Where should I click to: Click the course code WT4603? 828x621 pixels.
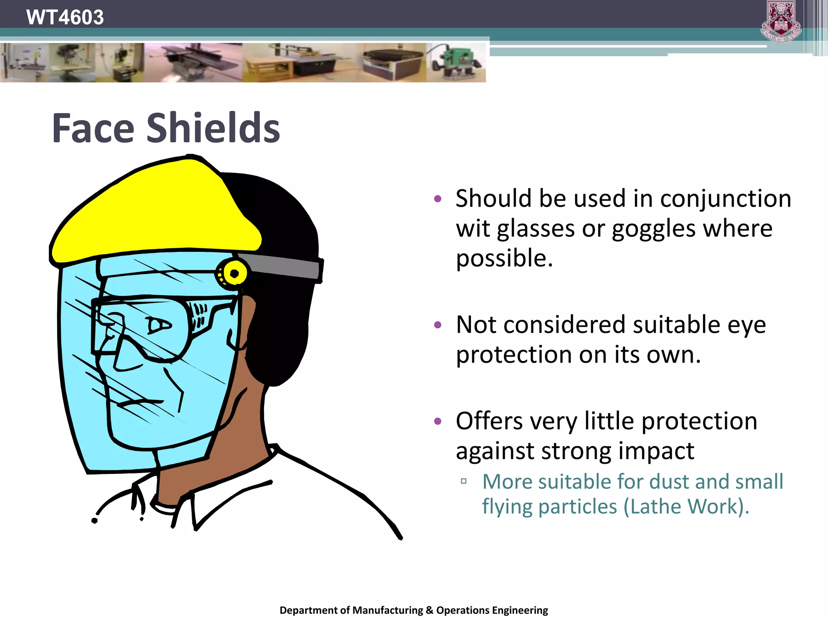(x=65, y=17)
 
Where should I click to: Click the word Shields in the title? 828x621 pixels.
(x=213, y=128)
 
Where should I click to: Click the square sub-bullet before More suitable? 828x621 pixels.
(x=464, y=481)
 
